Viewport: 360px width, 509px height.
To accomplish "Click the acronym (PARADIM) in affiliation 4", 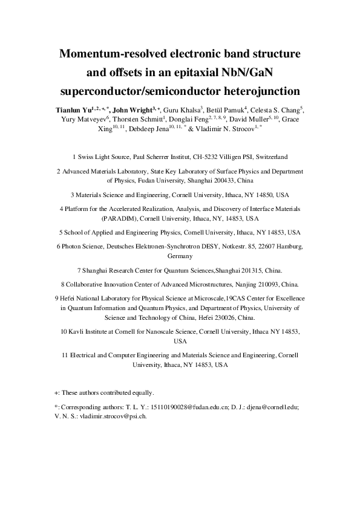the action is (x=119, y=218).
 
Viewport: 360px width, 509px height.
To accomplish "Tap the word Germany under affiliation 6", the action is (x=180, y=256).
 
